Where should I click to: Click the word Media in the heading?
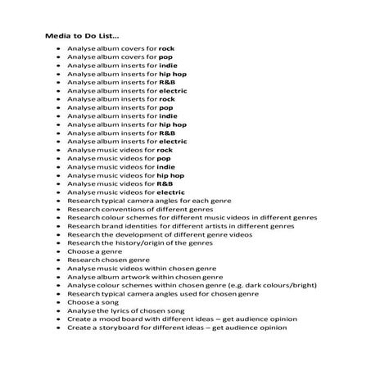point(55,35)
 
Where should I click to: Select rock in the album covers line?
point(167,48)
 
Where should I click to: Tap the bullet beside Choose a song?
point(58,302)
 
